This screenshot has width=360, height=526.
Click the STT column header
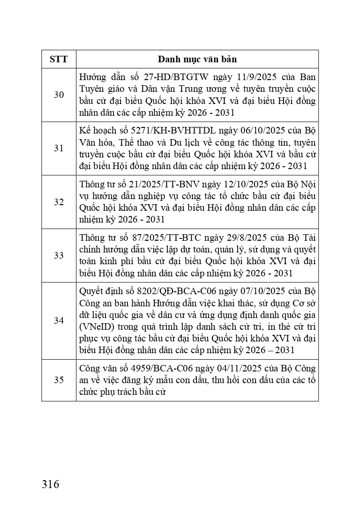coord(59,59)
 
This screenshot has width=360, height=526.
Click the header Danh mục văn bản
coord(197,59)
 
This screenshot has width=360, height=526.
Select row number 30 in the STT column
coord(59,95)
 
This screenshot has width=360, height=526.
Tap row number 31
coord(59,148)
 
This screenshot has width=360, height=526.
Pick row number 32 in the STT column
coord(59,202)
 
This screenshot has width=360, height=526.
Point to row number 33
coord(59,255)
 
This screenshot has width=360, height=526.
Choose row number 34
coord(59,321)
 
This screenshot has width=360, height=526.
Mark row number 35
coord(59,380)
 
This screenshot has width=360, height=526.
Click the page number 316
coord(51,484)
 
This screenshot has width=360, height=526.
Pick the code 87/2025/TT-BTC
coord(160,237)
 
